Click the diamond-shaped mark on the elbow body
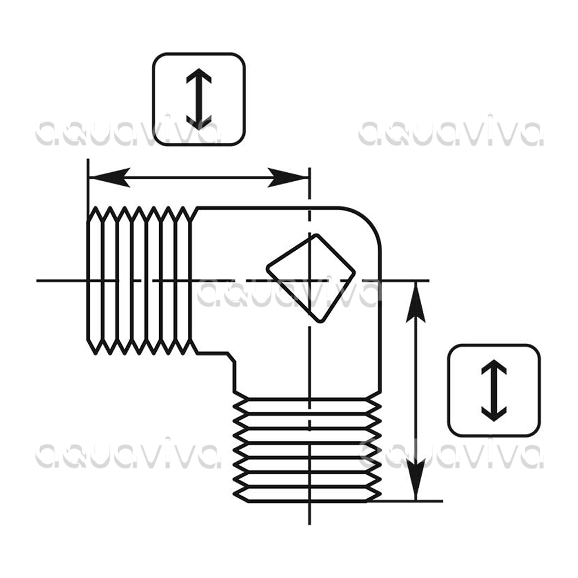click(311, 278)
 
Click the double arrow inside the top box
click(199, 99)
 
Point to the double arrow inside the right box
click(494, 391)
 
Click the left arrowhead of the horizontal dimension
click(110, 178)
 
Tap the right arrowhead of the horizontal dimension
click(288, 178)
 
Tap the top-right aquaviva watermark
click(450, 131)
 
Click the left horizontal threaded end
click(139, 281)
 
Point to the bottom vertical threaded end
click(307, 450)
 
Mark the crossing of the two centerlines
click(310, 281)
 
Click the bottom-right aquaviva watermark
click(450, 454)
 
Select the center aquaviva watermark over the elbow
click(288, 292)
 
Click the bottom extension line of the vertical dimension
click(405, 501)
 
